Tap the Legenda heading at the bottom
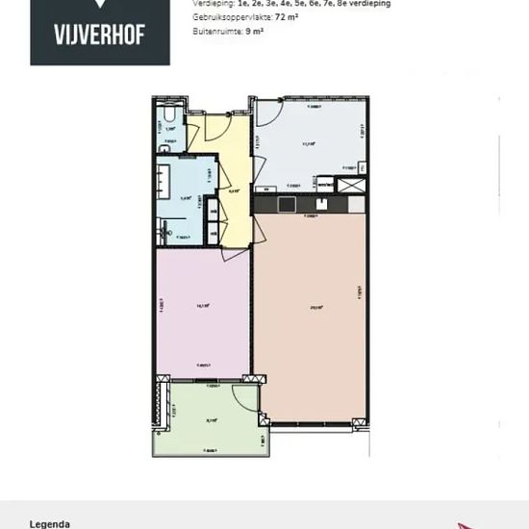[51, 524]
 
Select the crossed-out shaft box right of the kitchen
[353, 184]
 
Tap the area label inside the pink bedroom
[203, 306]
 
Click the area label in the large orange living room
[315, 308]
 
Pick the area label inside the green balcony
[211, 420]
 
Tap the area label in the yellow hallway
[234, 191]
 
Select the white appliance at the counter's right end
[357, 204]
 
